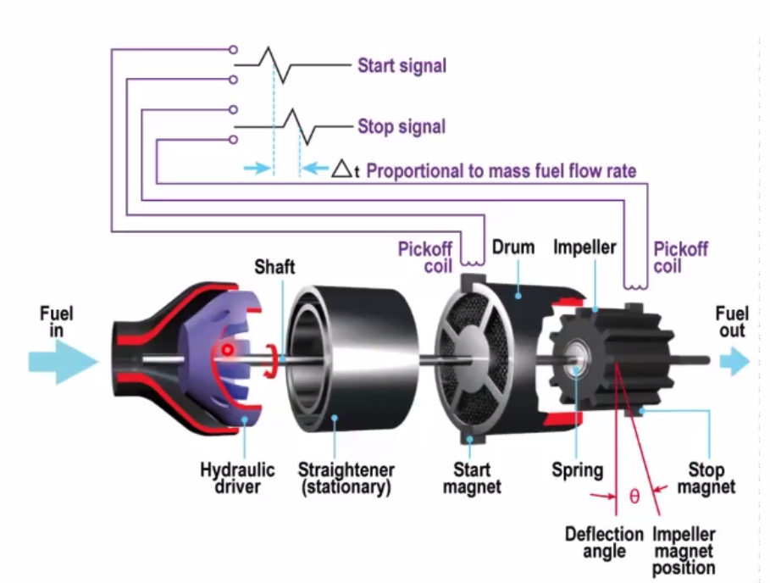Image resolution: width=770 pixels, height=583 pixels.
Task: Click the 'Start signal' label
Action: [402, 66]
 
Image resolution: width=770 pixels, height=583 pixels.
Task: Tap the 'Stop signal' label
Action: [402, 127]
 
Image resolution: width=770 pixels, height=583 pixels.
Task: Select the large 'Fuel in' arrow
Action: [63, 362]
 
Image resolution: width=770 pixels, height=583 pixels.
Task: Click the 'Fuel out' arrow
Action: [734, 362]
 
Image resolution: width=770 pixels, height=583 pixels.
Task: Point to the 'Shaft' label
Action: [274, 267]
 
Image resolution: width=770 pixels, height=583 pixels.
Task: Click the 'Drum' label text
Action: [513, 247]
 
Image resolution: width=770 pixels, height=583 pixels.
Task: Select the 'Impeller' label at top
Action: [584, 247]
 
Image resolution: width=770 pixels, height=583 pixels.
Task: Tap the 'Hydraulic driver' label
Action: [237, 479]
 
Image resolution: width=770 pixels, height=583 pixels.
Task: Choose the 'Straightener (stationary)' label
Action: [346, 479]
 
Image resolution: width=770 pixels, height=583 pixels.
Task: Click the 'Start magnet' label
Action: [472, 479]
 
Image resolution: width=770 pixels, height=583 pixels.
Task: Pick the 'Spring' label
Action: [578, 470]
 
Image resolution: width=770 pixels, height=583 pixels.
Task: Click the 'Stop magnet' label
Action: [706, 479]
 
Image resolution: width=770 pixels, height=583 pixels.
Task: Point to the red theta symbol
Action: [634, 496]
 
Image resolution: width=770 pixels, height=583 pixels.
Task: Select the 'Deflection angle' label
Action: [604, 542]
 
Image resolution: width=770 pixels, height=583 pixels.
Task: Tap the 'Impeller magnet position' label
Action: [684, 551]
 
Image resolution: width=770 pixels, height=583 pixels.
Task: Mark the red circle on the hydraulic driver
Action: [227, 350]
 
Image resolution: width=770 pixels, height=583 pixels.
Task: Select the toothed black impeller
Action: [612, 359]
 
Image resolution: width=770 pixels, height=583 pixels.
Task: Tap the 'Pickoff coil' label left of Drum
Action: [425, 258]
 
